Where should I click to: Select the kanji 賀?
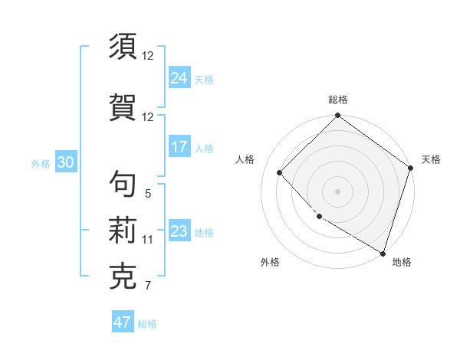coord(123,106)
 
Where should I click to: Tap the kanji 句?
coord(123,184)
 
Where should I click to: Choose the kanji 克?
coord(123,277)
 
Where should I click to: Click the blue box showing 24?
coord(179,78)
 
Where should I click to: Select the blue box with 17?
coord(179,147)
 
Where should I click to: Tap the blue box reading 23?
coord(179,231)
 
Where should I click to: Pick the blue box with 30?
coord(65,162)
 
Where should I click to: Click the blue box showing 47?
coord(123,322)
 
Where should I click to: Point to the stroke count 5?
coord(148,194)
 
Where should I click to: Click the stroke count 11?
coord(148,240)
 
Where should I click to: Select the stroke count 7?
coord(148,286)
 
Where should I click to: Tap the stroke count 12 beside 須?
coord(148,56)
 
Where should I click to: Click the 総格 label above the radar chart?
coord(337,100)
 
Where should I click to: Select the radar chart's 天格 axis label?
coord(431,159)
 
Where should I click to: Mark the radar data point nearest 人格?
coord(280,172)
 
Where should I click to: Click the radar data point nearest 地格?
coord(382,252)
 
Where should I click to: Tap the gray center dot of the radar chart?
coord(337,191)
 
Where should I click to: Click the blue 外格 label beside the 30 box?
coord(41,163)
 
